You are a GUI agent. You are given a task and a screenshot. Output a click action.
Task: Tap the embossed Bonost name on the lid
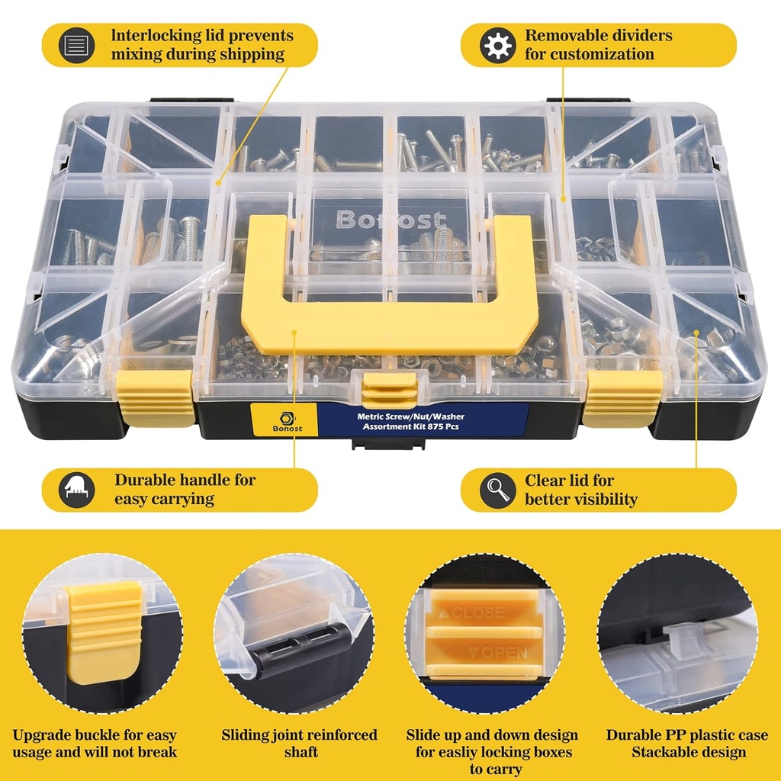tap(390, 220)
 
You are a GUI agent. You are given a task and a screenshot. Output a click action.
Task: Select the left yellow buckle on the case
tap(156, 397)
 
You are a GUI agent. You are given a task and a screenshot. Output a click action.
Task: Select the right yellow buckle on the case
tap(622, 397)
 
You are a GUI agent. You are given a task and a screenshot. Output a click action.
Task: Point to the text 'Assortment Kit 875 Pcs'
tap(410, 428)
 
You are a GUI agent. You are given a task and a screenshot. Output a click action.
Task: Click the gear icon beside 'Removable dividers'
tap(497, 45)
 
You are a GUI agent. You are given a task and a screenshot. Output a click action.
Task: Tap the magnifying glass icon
tap(497, 490)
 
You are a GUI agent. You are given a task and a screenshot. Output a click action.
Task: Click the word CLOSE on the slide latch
tap(478, 612)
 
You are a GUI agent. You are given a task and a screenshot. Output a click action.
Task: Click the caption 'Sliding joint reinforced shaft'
tap(299, 744)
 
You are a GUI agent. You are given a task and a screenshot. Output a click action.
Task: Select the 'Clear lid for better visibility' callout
tap(580, 490)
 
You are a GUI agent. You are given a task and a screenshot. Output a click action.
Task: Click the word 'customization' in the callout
tap(590, 55)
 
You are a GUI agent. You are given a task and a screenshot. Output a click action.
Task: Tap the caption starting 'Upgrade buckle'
tap(95, 744)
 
